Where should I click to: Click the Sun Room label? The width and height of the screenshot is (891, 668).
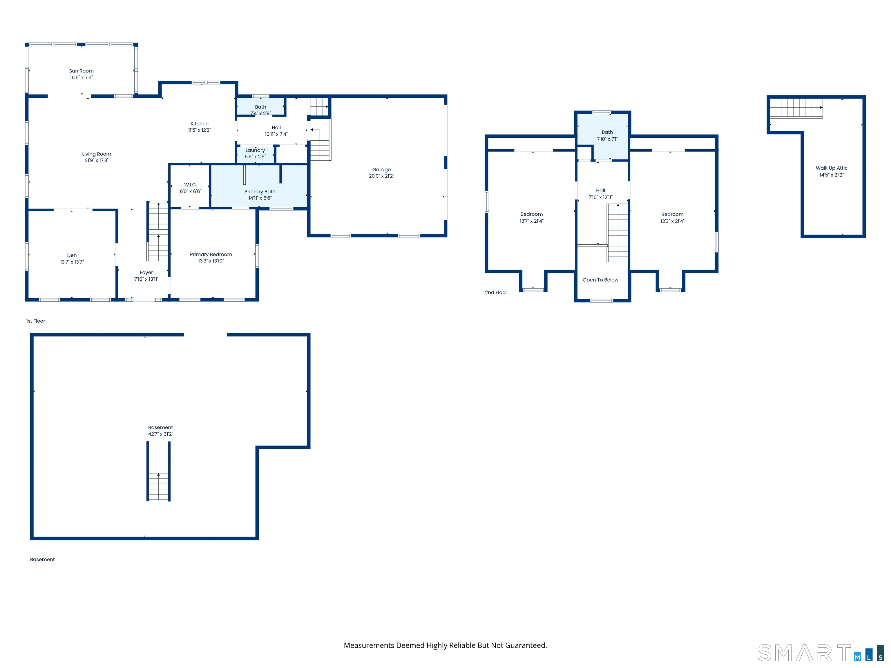(82, 71)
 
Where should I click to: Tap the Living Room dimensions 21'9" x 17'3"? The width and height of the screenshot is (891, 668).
(97, 160)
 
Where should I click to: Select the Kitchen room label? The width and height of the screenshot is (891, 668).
(199, 124)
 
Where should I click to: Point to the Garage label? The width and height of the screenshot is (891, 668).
(381, 170)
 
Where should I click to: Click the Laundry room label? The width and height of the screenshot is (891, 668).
(255, 150)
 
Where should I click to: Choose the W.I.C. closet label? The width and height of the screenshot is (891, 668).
(191, 185)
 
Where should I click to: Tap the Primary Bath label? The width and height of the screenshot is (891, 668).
(260, 192)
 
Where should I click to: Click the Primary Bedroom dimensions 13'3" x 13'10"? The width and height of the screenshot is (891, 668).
(211, 261)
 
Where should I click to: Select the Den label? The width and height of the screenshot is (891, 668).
(72, 255)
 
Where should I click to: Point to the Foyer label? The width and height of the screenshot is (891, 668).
(146, 273)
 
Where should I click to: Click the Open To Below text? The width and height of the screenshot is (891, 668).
(601, 280)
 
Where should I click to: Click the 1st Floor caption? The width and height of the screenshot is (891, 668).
(35, 321)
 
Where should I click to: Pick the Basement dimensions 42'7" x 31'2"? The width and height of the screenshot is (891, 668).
(160, 434)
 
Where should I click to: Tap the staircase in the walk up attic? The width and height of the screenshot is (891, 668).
(796, 108)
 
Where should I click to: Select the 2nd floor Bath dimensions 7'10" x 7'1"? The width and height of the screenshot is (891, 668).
(607, 139)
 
